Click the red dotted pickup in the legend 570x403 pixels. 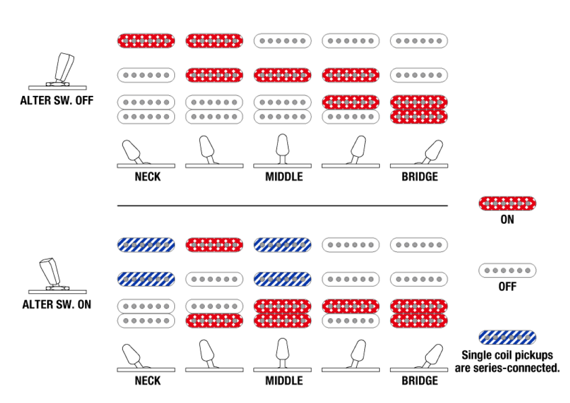pyautogui.click(x=507, y=203)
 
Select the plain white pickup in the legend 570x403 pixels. pyautogui.click(x=507, y=271)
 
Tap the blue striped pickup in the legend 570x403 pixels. pyautogui.click(x=507, y=338)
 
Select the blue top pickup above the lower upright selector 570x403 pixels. pyautogui.click(x=282, y=245)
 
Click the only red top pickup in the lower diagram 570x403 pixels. pyautogui.click(x=214, y=245)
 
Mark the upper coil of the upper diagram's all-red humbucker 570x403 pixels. pyautogui.click(x=419, y=102)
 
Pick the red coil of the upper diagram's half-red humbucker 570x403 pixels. pyautogui.click(x=350, y=102)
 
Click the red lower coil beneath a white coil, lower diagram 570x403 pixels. pyautogui.click(x=214, y=321)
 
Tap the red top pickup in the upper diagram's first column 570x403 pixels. pyautogui.click(x=146, y=41)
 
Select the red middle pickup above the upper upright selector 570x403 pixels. pyautogui.click(x=282, y=75)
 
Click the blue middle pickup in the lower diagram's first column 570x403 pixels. pyautogui.click(x=146, y=279)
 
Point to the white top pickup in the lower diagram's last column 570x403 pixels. pyautogui.click(x=419, y=245)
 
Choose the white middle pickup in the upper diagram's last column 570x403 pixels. pyautogui.click(x=419, y=75)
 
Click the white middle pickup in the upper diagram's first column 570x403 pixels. pyautogui.click(x=146, y=75)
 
